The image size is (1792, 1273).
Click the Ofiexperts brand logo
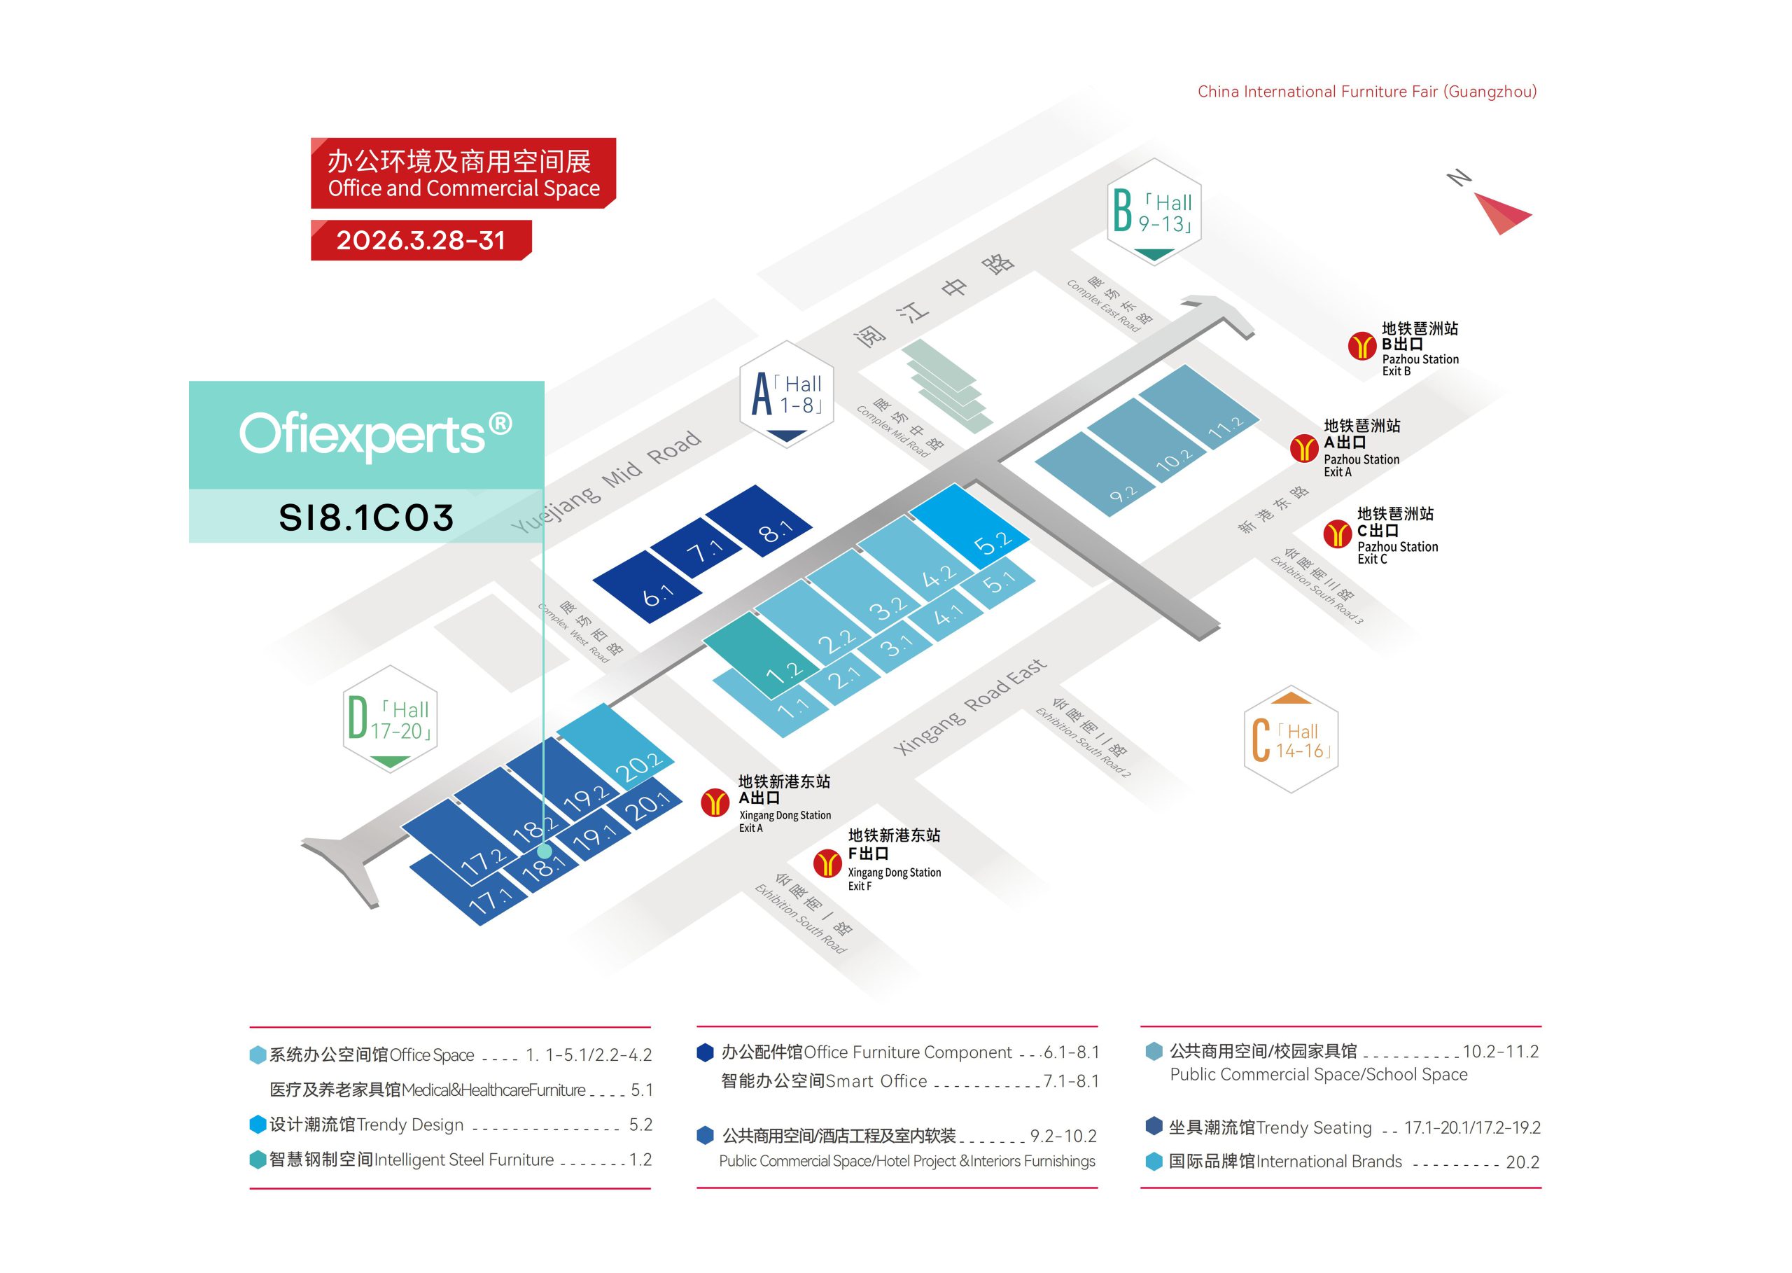(375, 433)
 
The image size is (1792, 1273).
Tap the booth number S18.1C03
(366, 517)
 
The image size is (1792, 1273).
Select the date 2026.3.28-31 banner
(421, 240)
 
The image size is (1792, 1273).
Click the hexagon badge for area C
(1291, 739)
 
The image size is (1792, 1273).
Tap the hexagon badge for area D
(389, 719)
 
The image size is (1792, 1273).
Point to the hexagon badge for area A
(787, 394)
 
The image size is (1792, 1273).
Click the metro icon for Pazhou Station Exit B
(1361, 346)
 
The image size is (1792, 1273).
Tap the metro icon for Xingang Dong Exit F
(827, 863)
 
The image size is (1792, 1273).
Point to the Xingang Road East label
(970, 707)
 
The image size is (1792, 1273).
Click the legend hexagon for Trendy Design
(258, 1125)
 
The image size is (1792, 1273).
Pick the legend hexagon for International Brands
(1154, 1161)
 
